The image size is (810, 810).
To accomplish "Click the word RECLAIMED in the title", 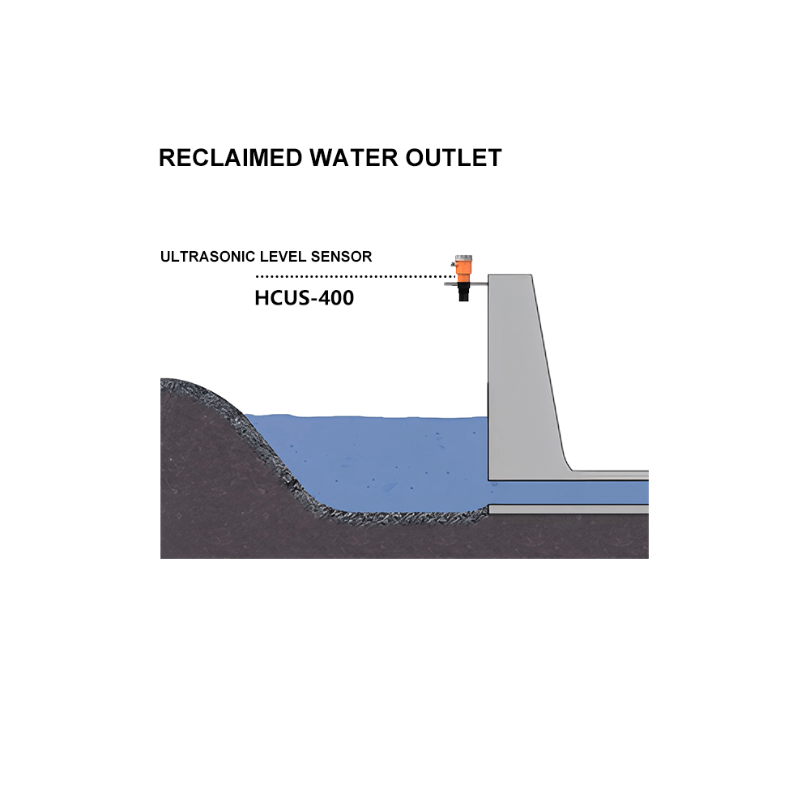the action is coord(230,158).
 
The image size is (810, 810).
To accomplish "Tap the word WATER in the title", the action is coord(354,158).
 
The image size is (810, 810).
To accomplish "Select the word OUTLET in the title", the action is coord(454,158).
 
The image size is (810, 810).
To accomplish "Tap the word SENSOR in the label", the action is coord(341,257).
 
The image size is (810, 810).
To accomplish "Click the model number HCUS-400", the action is coord(305,298).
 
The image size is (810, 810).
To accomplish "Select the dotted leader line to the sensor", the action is coord(355,276).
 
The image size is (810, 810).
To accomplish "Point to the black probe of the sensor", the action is coord(464,292).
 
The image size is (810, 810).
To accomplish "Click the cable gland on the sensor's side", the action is coord(453,266).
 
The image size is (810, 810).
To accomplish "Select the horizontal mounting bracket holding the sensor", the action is coord(466,283).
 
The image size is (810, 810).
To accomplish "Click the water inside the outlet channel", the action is coord(569,492).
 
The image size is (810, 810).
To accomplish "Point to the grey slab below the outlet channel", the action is coord(569,509).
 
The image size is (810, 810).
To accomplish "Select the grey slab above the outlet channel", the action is coord(610,475).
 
